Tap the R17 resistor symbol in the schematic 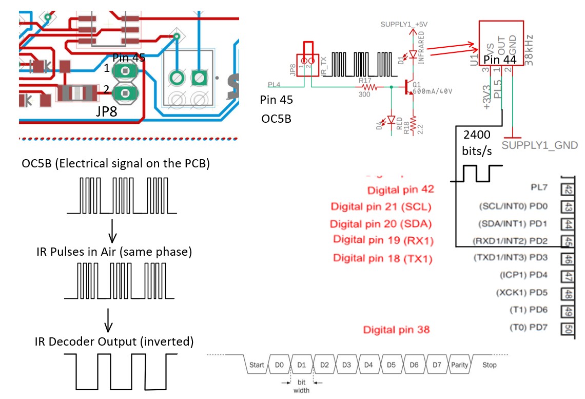[365, 87]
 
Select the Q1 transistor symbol [410, 87]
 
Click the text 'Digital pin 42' [401, 189]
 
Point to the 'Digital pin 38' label [396, 329]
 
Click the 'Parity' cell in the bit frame [460, 365]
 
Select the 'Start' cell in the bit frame [257, 365]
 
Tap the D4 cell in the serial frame [368, 365]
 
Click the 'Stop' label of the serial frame [490, 365]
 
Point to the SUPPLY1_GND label [540, 145]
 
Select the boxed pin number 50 [568, 327]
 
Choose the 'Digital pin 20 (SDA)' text [380, 224]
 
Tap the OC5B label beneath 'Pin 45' [276, 119]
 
